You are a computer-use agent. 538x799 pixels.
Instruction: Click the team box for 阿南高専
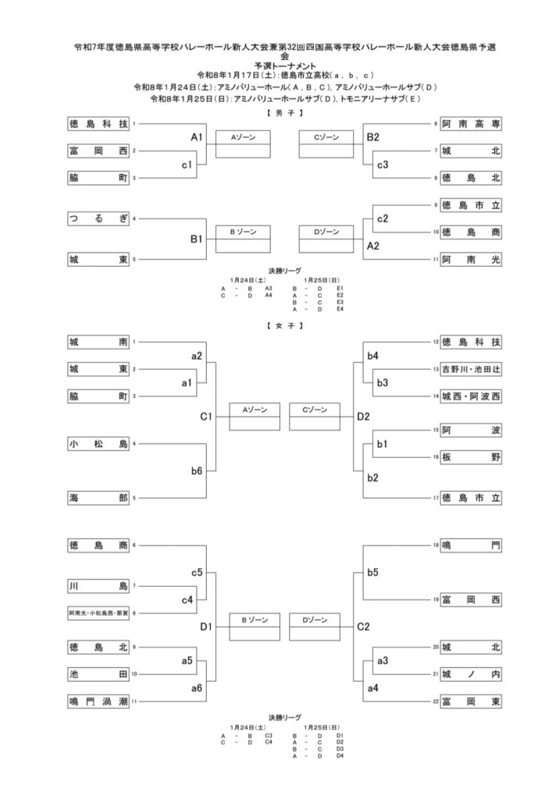tap(470, 123)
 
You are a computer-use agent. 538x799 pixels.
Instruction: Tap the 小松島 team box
tap(98, 444)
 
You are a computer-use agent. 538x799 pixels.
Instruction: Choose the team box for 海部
tap(98, 497)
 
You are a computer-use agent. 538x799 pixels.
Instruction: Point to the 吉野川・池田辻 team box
tap(470, 369)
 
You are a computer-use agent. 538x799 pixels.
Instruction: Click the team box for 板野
tap(470, 457)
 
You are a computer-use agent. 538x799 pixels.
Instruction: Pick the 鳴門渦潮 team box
tap(98, 701)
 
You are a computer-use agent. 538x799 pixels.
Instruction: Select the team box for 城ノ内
tap(470, 674)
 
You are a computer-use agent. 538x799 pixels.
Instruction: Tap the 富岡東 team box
tap(470, 701)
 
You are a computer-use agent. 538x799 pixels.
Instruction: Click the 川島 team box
tap(98, 585)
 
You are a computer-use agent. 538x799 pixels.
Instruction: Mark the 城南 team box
tap(98, 342)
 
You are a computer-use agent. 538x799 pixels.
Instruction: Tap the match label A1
tap(197, 137)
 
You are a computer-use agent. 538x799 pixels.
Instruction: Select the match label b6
tap(197, 471)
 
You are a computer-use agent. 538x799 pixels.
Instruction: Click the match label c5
tap(197, 573)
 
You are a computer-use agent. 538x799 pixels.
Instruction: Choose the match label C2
tap(363, 626)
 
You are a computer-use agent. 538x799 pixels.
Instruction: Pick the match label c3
tap(383, 165)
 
